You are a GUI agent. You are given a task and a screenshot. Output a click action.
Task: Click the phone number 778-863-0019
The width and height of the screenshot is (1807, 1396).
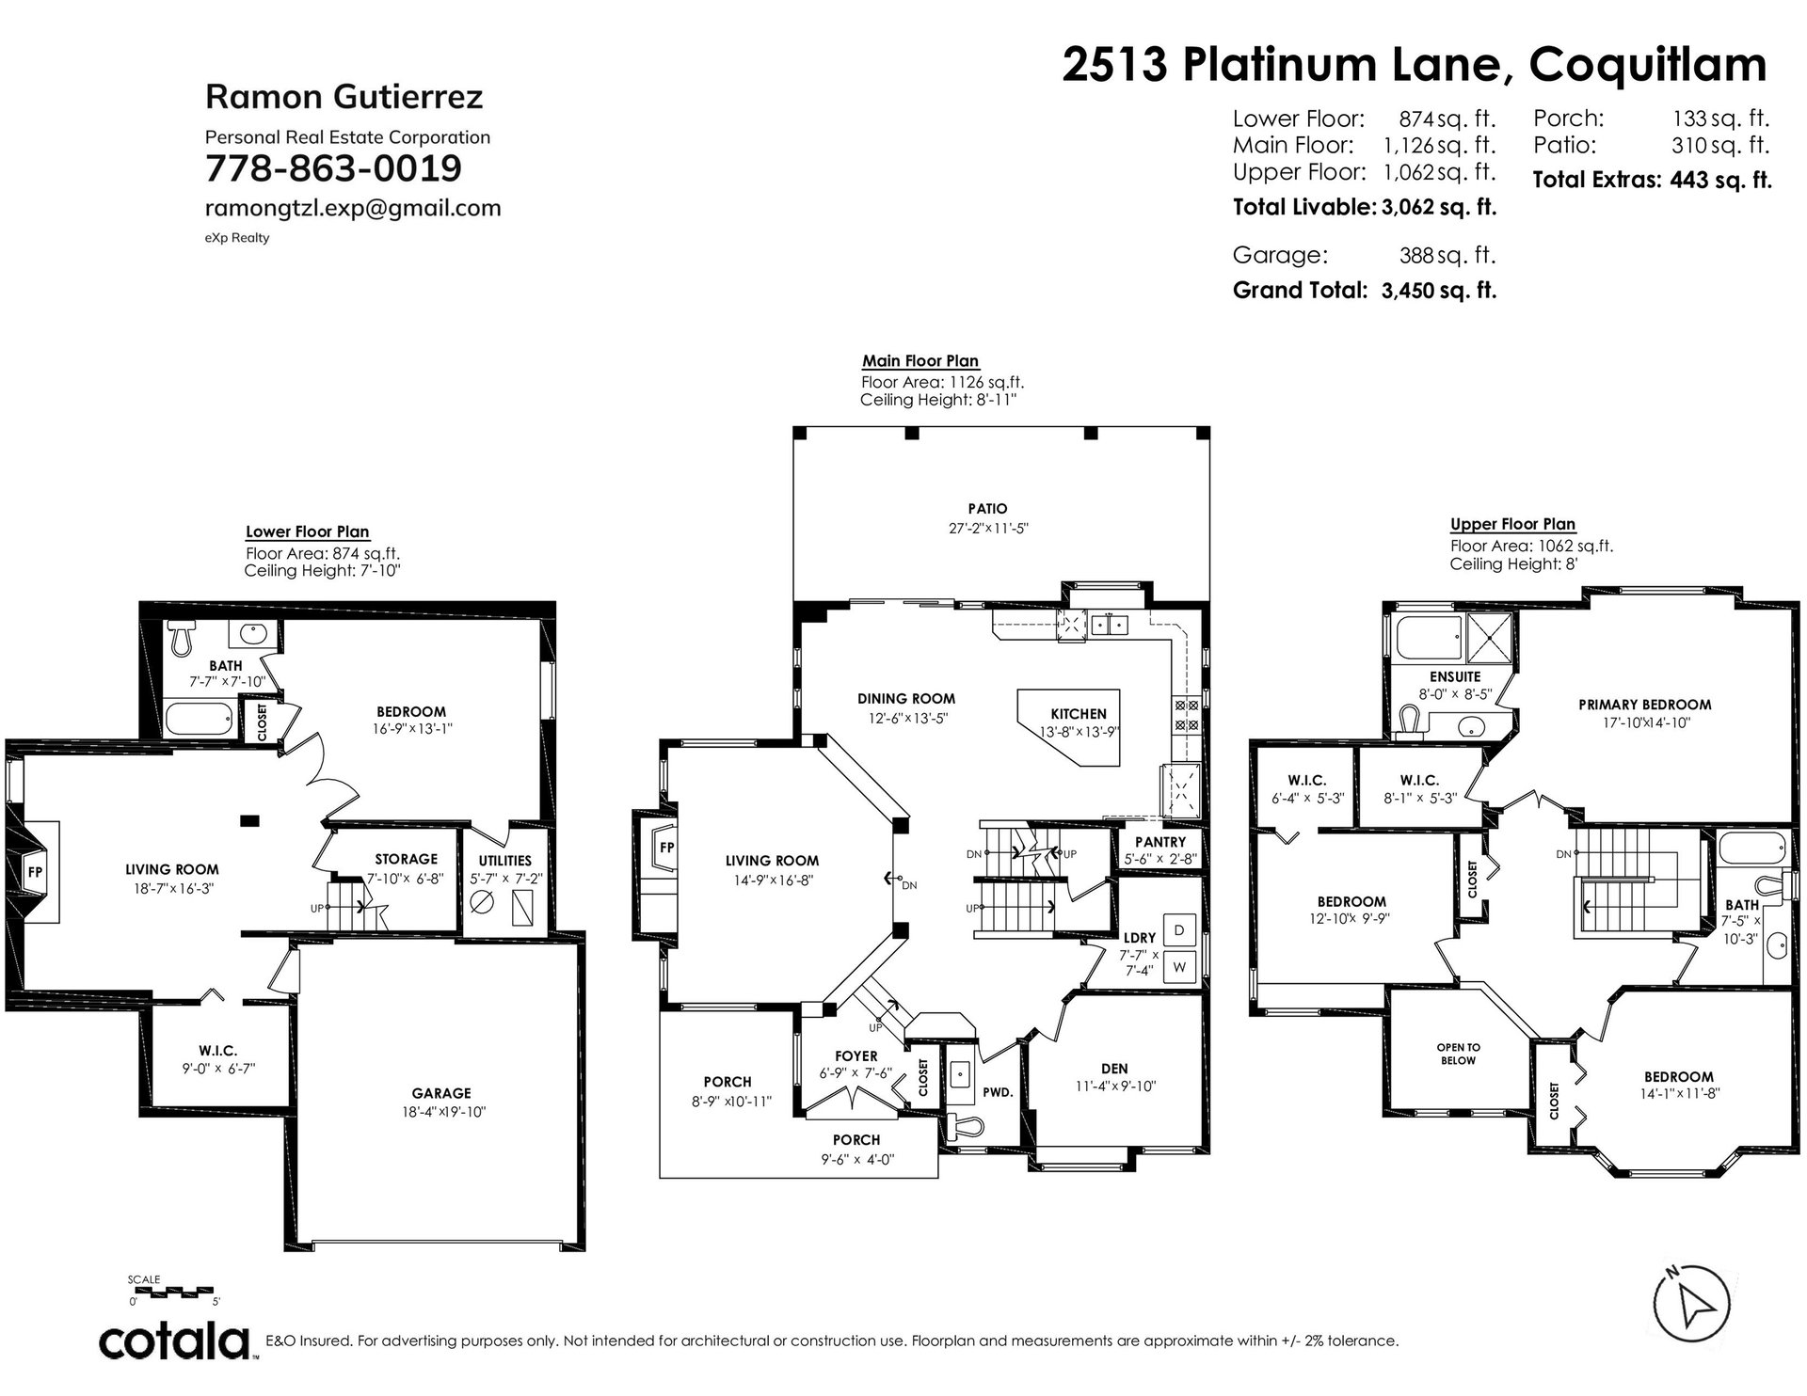(333, 169)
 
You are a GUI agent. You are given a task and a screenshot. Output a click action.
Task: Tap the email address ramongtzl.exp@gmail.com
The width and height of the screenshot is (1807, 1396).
(353, 208)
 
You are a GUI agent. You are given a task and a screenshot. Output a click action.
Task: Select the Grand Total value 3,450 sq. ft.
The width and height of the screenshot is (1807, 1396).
(1439, 290)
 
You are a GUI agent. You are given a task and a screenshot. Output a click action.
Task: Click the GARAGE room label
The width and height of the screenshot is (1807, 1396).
(441, 1093)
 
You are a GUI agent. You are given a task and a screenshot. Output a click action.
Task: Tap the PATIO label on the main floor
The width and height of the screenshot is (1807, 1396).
(988, 509)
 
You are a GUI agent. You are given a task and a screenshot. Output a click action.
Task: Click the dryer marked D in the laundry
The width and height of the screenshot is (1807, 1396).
(1178, 930)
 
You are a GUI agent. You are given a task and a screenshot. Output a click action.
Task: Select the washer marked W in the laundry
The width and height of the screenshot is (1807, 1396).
(1178, 967)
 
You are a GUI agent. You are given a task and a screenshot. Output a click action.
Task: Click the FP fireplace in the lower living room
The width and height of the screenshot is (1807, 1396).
(36, 871)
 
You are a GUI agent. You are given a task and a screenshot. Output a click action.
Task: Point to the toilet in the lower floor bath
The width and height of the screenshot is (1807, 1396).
(181, 640)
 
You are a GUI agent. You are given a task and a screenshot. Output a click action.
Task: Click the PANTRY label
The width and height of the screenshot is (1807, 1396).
(1160, 842)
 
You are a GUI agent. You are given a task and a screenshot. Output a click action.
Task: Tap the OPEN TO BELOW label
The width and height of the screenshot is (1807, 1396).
(1458, 1054)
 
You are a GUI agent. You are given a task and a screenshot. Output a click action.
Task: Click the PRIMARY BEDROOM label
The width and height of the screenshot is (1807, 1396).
(1645, 705)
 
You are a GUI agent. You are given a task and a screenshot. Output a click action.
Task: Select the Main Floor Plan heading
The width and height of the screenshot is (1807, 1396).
(920, 361)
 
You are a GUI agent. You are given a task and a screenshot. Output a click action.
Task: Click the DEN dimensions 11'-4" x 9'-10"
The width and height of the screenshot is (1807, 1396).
(1114, 1086)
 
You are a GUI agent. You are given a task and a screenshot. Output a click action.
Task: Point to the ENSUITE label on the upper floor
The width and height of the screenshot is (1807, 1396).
(1455, 676)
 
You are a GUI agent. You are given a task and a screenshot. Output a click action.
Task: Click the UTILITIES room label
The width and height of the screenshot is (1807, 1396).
(504, 860)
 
